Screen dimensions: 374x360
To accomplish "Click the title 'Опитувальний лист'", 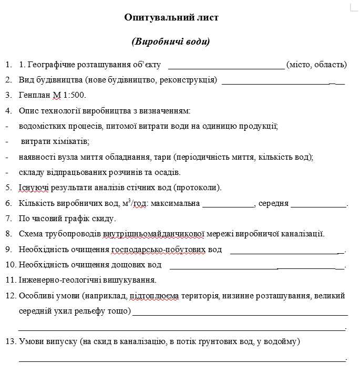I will point(171,17).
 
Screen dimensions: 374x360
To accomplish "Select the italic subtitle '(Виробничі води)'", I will point(171,41).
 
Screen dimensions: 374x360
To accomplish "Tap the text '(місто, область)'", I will point(316,65).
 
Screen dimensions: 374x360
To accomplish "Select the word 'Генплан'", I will point(35,96).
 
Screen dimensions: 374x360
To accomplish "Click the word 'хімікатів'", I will point(72,141).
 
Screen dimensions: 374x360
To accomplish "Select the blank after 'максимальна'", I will point(228,204).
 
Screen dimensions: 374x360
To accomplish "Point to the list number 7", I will point(8,219).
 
